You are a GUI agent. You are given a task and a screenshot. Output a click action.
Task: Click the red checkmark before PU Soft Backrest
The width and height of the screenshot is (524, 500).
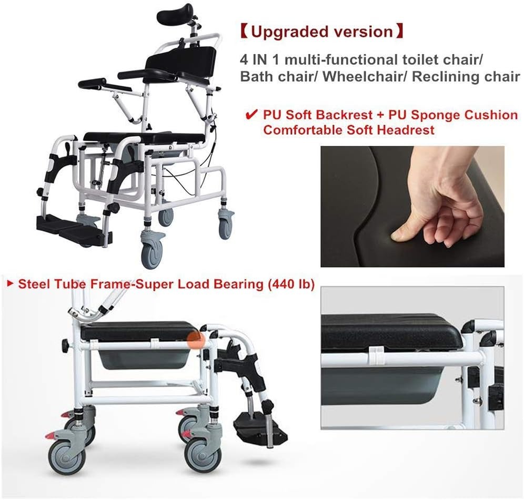coord(251,115)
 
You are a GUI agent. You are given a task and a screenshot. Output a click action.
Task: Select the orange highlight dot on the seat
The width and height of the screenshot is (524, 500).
coord(196,340)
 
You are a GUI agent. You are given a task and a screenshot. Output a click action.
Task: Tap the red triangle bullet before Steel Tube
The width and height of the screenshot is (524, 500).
coord(11,284)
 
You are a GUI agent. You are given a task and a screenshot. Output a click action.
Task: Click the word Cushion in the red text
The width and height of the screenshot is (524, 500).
coord(495,115)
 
